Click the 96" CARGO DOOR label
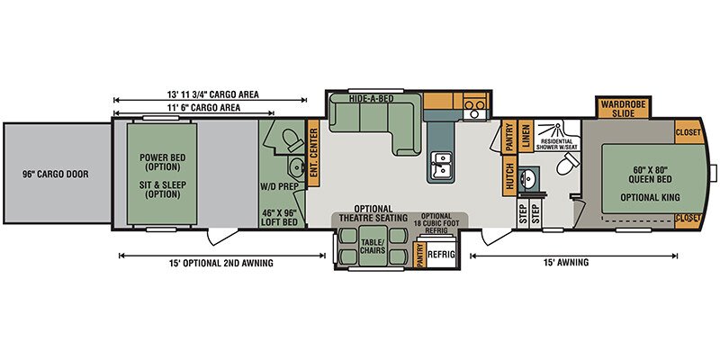click(56, 175)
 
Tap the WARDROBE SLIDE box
click(624, 109)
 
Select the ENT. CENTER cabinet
click(313, 153)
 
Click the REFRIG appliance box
click(442, 255)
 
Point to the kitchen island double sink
click(440, 165)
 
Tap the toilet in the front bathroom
click(568, 164)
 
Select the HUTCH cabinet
click(509, 177)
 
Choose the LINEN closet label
click(526, 136)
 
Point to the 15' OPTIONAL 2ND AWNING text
click(222, 263)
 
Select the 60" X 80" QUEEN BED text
click(650, 175)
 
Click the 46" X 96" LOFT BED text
click(280, 217)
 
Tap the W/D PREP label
click(280, 186)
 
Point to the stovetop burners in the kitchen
click(475, 104)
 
